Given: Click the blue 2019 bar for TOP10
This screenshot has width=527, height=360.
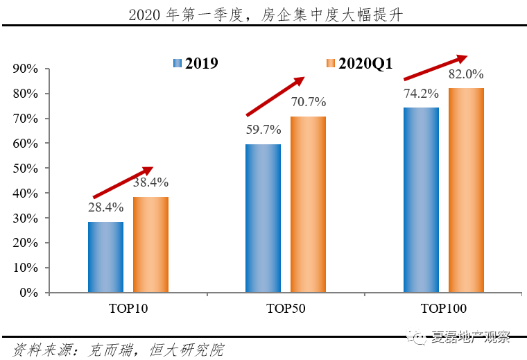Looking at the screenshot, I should tap(105, 257).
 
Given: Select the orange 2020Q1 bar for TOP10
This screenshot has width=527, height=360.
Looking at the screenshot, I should tap(150, 244).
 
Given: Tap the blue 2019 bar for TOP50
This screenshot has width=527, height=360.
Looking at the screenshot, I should tap(263, 218).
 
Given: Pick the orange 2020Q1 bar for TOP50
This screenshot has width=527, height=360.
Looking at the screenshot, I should tap(308, 204).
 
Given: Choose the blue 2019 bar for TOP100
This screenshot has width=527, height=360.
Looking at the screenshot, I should tap(421, 200).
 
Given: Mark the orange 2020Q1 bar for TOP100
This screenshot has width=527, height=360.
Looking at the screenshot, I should tap(466, 190).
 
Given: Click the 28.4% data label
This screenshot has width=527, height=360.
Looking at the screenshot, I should tap(105, 207).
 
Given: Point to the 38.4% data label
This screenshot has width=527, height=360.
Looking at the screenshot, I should tap(150, 182).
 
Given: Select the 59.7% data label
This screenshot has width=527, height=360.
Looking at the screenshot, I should tap(263, 129).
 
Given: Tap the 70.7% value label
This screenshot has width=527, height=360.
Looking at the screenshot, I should tap(309, 102).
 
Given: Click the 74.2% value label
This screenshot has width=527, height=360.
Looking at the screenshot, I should tap(421, 93).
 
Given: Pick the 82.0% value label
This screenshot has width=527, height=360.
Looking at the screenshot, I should tap(466, 74).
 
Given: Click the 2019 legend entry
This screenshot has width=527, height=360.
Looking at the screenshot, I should tap(196, 64).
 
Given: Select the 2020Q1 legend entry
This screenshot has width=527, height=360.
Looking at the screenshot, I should tap(359, 64).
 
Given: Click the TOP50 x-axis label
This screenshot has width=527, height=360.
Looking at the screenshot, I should tap(285, 307).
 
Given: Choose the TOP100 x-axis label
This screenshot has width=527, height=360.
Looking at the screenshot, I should tap(443, 307).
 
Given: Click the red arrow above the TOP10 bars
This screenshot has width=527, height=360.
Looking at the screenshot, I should tap(122, 182).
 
